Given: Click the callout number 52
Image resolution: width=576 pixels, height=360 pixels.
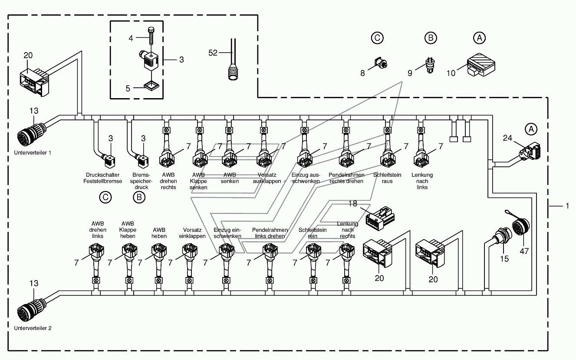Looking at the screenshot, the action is (x=213, y=53).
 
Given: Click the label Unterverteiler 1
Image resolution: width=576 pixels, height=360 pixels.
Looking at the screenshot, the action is (x=33, y=152).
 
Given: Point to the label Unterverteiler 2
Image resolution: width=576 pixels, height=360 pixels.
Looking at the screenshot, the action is (x=33, y=328).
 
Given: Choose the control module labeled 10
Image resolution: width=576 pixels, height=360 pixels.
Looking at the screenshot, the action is (x=481, y=65).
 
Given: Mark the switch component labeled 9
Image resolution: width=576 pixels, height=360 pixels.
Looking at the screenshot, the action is (x=430, y=66).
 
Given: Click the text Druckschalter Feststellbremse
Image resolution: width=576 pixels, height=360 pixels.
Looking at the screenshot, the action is (x=102, y=178).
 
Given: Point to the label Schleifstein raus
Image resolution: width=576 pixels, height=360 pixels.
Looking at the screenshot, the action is (x=387, y=178).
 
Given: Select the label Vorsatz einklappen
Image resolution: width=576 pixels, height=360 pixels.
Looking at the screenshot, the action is (x=192, y=233).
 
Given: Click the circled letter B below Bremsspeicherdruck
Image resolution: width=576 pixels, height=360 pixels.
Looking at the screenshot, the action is (x=139, y=197).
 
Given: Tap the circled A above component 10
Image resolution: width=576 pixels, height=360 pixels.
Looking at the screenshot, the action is (x=479, y=38).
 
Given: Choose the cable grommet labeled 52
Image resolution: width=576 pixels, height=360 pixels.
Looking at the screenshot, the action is (x=233, y=62).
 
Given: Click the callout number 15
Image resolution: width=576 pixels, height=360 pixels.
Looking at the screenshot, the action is (x=504, y=259).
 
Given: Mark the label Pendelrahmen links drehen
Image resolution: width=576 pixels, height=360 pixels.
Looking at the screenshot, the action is (x=270, y=233).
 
